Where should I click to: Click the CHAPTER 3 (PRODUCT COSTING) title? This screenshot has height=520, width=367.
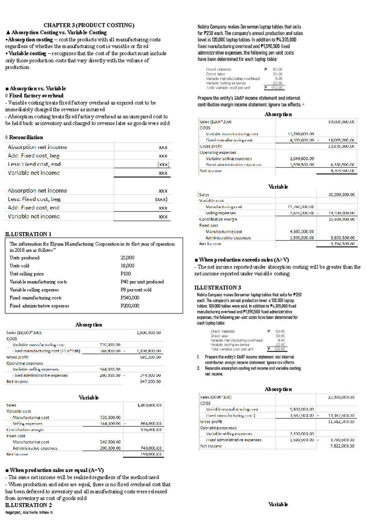tap(89, 25)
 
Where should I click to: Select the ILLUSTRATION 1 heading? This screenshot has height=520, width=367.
tap(28, 234)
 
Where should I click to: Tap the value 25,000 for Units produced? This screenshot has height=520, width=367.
tap(127, 258)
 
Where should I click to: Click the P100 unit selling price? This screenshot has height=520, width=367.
tap(125, 274)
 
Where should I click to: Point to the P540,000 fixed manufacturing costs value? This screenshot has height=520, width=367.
tap(130, 298)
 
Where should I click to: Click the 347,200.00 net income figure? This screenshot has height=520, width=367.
tap(150, 382)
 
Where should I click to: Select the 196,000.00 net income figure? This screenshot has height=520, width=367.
tap(151, 454)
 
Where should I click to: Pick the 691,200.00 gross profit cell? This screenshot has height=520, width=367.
tap(150, 357)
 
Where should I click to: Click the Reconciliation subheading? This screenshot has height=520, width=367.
tap(26, 138)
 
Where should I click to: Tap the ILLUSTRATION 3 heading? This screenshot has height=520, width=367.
tap(217, 288)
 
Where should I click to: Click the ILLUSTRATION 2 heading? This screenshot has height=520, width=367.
tap(28, 505)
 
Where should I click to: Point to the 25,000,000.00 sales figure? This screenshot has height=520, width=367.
tap(341, 397)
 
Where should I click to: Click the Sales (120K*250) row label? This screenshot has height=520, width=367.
tap(215, 122)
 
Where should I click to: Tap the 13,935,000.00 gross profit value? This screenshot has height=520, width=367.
tap(341, 146)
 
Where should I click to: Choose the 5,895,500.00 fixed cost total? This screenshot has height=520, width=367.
tap(343, 238)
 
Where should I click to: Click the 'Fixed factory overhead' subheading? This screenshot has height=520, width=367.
tap(36, 96)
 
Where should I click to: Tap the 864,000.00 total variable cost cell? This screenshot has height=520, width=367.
tap(151, 424)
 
